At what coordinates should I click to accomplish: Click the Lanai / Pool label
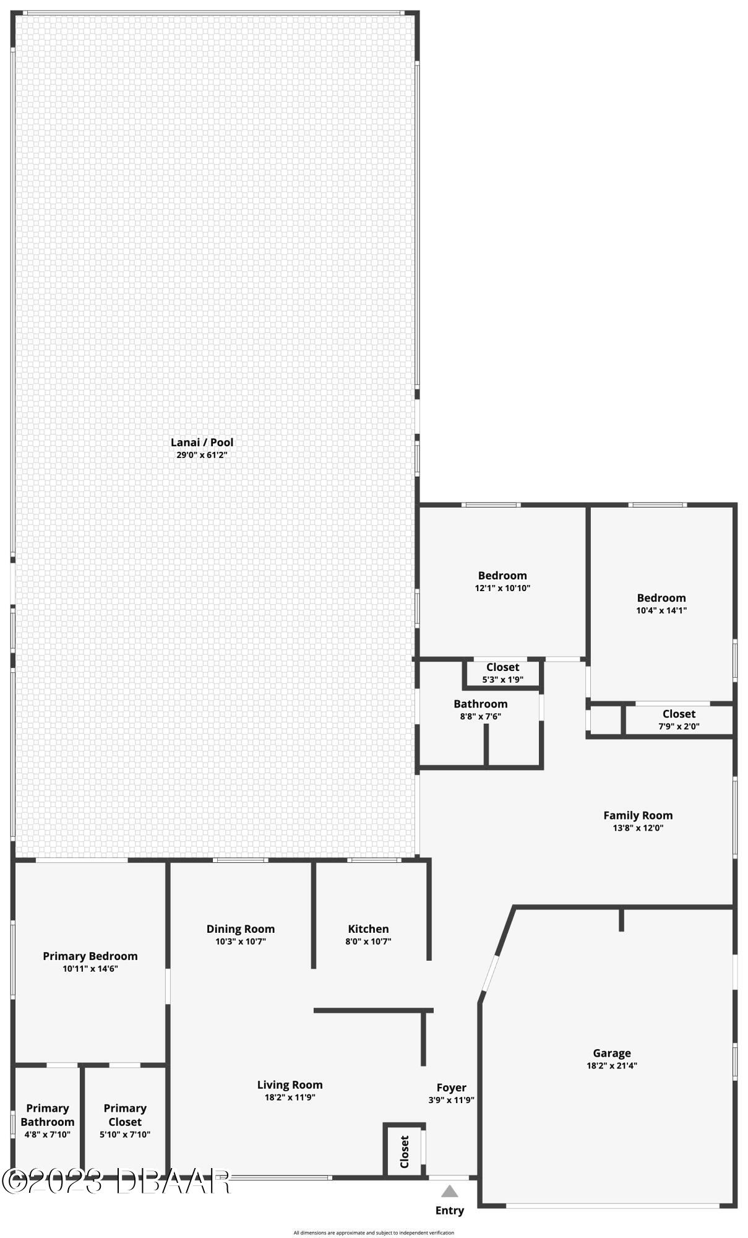coord(202,442)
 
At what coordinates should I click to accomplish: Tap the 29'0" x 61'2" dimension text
coord(202,455)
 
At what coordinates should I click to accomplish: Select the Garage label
coord(611,1053)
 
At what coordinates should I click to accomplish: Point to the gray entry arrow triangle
coord(449,1191)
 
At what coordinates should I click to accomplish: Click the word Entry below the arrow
coord(449,1210)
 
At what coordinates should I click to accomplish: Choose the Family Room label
coord(637,815)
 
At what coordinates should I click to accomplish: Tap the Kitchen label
coord(368,928)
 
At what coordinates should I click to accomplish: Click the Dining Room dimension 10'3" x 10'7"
coord(240,941)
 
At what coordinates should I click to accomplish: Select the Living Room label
coord(290,1084)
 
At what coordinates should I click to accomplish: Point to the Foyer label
coord(451,1088)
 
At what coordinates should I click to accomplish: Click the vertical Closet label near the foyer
coord(404,1151)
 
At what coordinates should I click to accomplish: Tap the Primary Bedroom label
coord(90,956)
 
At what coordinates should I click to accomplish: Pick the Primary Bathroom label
coord(47,1115)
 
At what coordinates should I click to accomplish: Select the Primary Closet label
coord(125,1115)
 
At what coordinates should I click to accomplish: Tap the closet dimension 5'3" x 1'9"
coord(502,679)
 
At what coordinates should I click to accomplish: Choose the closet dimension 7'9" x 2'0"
coord(679,727)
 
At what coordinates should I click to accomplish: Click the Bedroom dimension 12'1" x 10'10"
coord(502,588)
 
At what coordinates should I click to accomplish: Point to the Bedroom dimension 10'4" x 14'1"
coord(661,610)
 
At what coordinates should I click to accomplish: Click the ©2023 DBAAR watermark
coord(116,1181)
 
